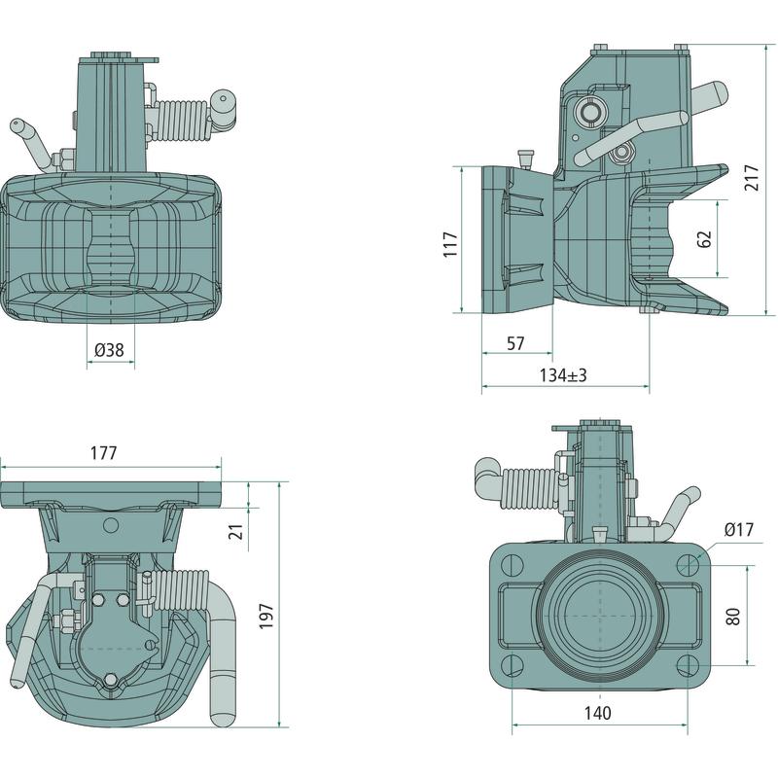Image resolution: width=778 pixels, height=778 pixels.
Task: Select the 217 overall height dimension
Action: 753,176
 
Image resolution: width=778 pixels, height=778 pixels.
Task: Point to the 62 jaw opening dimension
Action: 705,238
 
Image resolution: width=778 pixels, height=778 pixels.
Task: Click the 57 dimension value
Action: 515,343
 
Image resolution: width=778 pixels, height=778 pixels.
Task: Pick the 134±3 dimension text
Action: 564,375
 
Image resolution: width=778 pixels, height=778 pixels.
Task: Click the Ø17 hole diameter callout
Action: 740,529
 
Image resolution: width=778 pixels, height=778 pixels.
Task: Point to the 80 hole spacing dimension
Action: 733,616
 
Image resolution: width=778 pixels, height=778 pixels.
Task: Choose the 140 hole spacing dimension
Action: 598,713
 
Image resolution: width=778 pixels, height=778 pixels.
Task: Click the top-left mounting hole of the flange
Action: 513,564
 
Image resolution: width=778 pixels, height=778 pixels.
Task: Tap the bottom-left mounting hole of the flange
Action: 513,666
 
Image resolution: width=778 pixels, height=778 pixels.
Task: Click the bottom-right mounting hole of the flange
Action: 689,666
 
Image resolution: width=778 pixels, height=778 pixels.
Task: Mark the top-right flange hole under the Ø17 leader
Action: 689,564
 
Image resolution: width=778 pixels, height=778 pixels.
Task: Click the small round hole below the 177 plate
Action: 110,525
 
